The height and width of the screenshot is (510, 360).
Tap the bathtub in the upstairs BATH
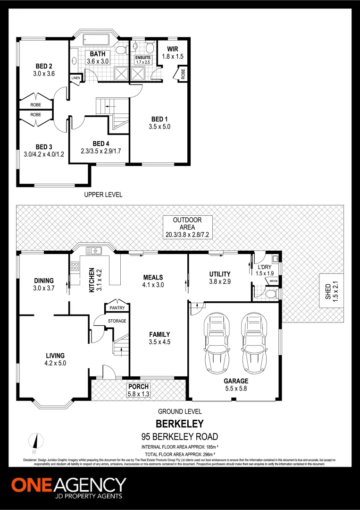[96, 40]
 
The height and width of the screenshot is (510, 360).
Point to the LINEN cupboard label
[75, 78]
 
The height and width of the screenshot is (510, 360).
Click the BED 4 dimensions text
[98, 151]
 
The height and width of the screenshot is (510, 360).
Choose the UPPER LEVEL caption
[103, 195]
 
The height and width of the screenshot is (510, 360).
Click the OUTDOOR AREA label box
[187, 227]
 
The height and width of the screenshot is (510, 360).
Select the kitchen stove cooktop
[74, 266]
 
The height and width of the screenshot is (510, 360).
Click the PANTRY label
[117, 308]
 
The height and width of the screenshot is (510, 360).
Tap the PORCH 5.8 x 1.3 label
[138, 390]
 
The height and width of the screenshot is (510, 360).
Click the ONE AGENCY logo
[69, 488]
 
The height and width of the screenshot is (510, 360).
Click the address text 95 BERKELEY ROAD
[180, 436]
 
